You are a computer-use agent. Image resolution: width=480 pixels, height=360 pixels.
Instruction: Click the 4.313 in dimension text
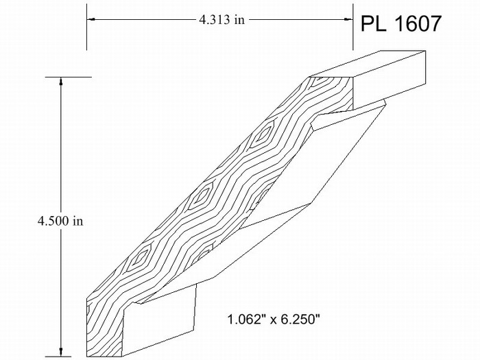pyautogui.click(x=222, y=20)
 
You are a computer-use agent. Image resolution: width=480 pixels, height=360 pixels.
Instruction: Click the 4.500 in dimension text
pyautogui.click(x=60, y=221)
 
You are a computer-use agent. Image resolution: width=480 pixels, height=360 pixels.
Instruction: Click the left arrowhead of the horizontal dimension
pyautogui.click(x=91, y=19)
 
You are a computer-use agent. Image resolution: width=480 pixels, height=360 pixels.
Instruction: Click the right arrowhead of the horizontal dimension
pyautogui.click(x=348, y=19)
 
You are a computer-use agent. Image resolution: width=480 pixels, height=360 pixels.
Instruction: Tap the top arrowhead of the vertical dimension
pyautogui.click(x=60, y=82)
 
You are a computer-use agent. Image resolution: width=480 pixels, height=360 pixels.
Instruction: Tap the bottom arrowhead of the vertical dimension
pyautogui.click(x=60, y=352)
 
